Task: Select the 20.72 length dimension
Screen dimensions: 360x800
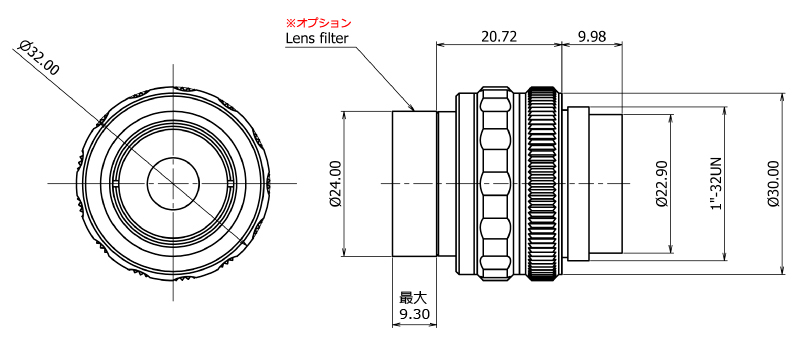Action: pos(499,37)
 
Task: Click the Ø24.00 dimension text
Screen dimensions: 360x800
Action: pos(335,183)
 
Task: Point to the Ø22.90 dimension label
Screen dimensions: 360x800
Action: pos(661,183)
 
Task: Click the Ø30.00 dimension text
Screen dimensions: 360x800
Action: pos(773,183)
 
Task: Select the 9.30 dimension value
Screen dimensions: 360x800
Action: pos(414,315)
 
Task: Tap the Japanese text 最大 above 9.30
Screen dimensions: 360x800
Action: pos(413,298)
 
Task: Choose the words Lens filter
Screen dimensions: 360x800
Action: pos(318,39)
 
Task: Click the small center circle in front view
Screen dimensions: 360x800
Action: pos(174,183)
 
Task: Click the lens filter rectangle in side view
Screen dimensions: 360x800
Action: pos(414,183)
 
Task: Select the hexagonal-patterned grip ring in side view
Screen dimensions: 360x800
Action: pos(495,183)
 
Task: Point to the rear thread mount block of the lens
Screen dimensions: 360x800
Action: pos(607,183)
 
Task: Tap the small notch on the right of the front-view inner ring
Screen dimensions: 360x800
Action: pos(231,184)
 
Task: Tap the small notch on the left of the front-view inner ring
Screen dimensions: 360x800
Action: pos(117,184)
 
